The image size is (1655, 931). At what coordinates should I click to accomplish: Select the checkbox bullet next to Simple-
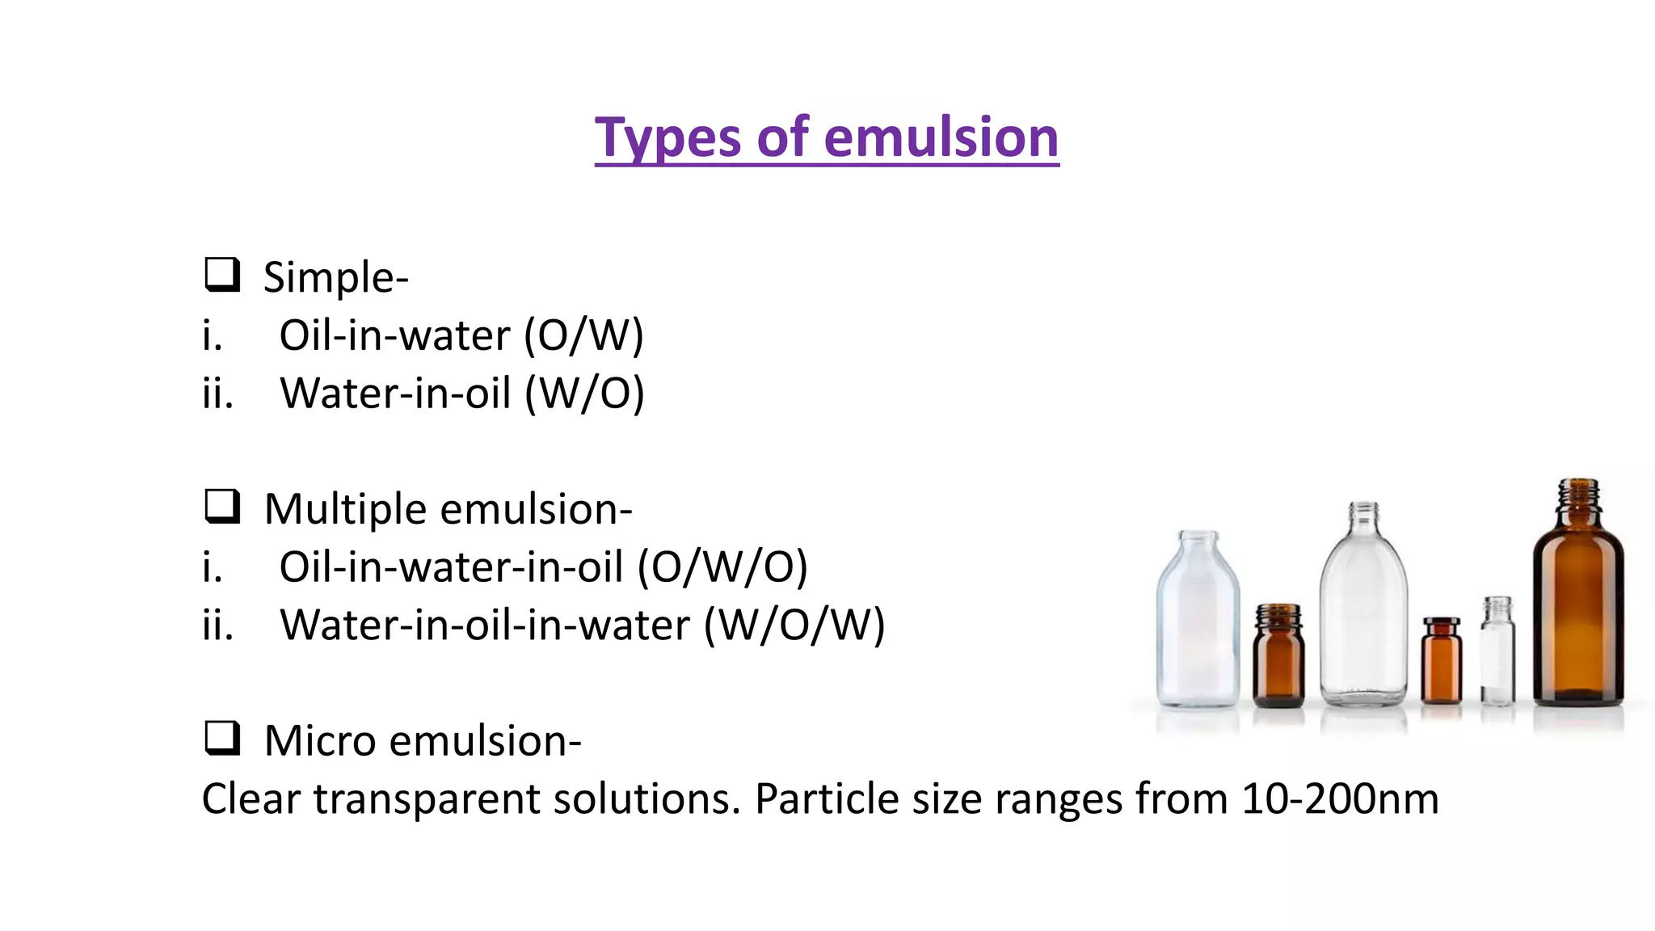pyautogui.click(x=221, y=275)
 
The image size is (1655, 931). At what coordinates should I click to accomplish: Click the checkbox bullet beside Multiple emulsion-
pyautogui.click(x=221, y=507)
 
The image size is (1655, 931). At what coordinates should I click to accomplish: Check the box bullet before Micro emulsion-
pyautogui.click(x=221, y=738)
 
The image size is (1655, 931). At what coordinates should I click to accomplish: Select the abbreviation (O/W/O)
pyautogui.click(x=722, y=567)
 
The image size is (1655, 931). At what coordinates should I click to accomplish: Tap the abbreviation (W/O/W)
pyautogui.click(x=794, y=625)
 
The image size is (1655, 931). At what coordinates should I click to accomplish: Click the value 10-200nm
pyautogui.click(x=1340, y=798)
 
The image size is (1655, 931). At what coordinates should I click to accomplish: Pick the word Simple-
pyautogui.click(x=336, y=277)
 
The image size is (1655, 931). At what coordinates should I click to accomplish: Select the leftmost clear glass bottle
pyautogui.click(x=1198, y=622)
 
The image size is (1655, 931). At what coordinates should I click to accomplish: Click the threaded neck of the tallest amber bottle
pyautogui.click(x=1578, y=495)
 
